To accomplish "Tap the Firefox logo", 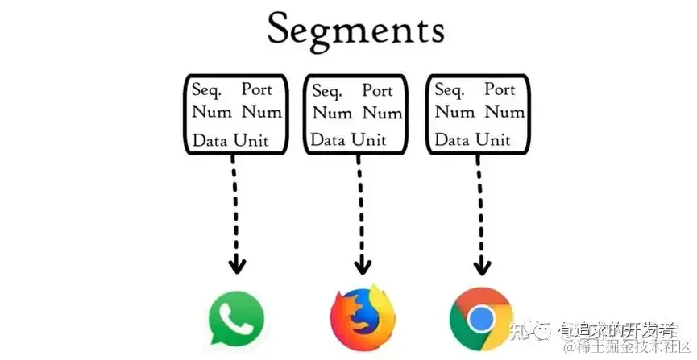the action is [x=359, y=315].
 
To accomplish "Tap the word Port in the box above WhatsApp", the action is [x=257, y=89].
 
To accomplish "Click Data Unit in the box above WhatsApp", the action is [x=230, y=140].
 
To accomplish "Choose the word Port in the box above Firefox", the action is [x=377, y=90].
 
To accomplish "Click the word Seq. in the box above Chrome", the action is [x=450, y=89].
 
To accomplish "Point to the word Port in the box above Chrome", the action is [x=500, y=89].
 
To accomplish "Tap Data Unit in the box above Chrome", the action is [x=473, y=140].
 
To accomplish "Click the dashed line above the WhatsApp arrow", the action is [x=234, y=201].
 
